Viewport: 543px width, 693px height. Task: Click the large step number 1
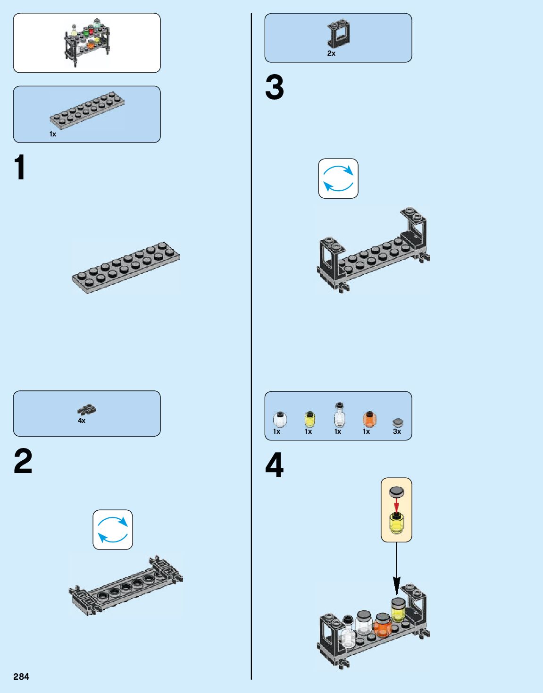(x=20, y=168)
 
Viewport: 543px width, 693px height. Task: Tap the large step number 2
(x=23, y=461)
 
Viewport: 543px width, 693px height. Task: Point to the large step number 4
(x=275, y=465)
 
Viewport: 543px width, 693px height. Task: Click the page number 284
(x=21, y=676)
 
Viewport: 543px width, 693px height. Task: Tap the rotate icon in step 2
(x=113, y=530)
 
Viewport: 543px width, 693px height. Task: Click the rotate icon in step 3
(x=338, y=178)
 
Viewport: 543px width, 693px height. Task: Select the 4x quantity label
(x=82, y=421)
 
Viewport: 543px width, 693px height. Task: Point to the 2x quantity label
(x=331, y=53)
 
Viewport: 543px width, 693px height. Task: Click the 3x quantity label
(x=397, y=431)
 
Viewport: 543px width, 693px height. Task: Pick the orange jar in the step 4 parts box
(x=369, y=419)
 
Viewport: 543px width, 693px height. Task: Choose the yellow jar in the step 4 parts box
(x=309, y=419)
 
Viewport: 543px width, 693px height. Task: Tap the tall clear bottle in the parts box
(x=339, y=415)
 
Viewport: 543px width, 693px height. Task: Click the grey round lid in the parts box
(x=398, y=422)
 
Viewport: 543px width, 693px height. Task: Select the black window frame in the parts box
(x=338, y=34)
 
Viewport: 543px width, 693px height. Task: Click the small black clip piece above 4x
(x=87, y=409)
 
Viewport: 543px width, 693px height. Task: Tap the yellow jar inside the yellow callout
(x=396, y=523)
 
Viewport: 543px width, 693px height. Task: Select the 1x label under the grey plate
(x=53, y=134)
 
